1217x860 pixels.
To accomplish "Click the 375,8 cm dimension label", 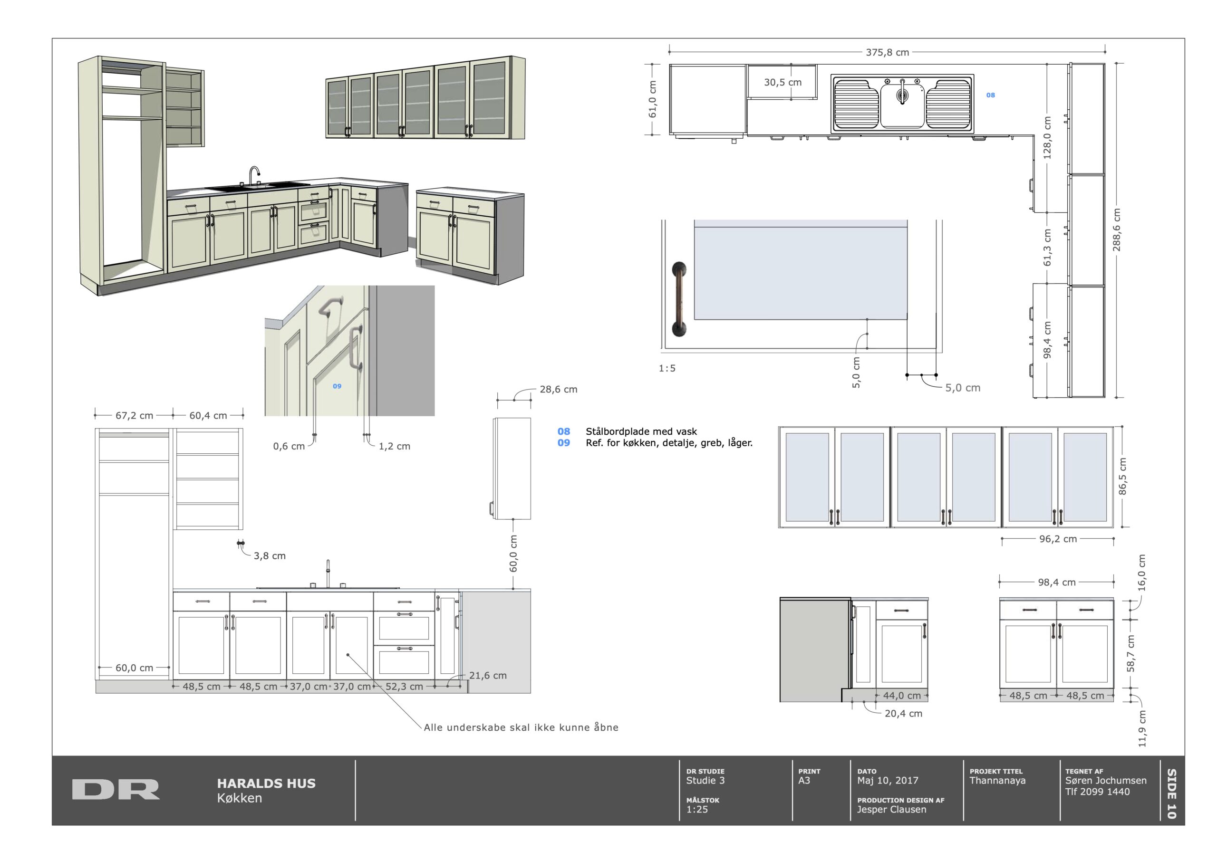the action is tap(887, 52).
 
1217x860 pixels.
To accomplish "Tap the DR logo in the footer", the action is tap(116, 789).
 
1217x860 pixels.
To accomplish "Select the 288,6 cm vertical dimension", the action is tap(1116, 230).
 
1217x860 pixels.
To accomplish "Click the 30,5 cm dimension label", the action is tap(782, 82).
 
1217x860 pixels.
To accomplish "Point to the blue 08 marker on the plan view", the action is tap(991, 95).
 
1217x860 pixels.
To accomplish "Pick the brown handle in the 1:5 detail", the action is tap(679, 299).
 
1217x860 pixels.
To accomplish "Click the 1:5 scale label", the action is tap(667, 368).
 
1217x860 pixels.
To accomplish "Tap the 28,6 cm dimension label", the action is tap(559, 390).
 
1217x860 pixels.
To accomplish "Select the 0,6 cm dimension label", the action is tap(289, 446).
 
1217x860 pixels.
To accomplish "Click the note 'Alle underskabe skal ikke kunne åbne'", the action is tap(521, 727).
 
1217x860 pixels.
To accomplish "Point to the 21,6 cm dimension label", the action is tap(488, 676).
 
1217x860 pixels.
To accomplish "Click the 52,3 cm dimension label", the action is tap(404, 687).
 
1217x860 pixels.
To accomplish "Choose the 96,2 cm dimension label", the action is tap(1058, 539).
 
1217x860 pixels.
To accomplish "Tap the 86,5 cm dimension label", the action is tap(1123, 477).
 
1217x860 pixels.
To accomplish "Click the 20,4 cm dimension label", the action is tap(903, 714).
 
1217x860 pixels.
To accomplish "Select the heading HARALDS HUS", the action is tap(266, 784).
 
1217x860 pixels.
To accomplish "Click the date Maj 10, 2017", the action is tap(888, 781).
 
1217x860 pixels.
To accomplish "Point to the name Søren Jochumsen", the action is tap(1106, 781).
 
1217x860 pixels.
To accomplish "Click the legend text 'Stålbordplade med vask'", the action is tap(641, 432).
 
